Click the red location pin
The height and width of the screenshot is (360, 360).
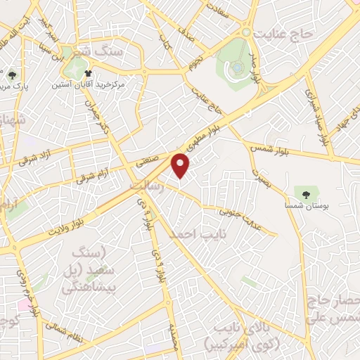[x=181, y=165]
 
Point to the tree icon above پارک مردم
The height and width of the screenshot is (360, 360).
[x=12, y=74]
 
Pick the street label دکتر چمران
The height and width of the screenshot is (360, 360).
[x=96, y=115]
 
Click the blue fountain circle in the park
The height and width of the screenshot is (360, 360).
[x=237, y=67]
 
